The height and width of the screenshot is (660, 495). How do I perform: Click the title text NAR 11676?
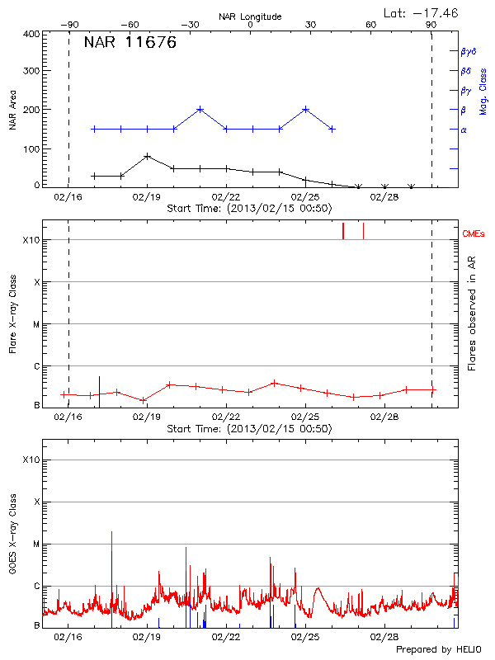point(130,44)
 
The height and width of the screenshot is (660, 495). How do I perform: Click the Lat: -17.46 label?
point(422,12)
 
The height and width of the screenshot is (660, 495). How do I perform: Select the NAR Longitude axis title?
point(250,16)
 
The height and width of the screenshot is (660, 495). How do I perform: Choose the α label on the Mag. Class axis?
point(464,130)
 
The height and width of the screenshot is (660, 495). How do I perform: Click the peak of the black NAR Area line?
point(147,156)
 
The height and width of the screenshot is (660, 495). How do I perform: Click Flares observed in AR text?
point(472,315)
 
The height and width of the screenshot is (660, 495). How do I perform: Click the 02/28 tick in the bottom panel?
point(385,638)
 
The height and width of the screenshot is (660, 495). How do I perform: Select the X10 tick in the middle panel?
point(31,240)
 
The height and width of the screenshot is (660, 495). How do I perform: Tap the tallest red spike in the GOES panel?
point(111,533)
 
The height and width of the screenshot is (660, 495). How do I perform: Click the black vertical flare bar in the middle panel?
point(99,388)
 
